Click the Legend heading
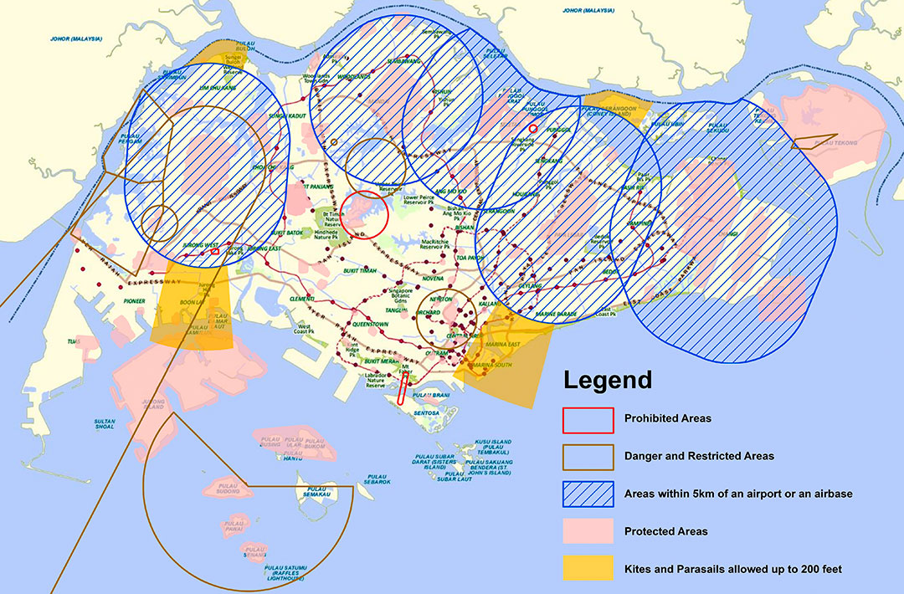pos(607,381)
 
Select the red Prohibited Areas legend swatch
pos(587,417)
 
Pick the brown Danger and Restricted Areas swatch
pos(587,456)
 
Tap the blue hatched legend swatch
pos(587,494)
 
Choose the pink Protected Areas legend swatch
pos(587,531)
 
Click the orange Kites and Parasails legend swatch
pos(587,569)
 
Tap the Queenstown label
pos(370,321)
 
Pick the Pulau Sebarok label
pos(378,482)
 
